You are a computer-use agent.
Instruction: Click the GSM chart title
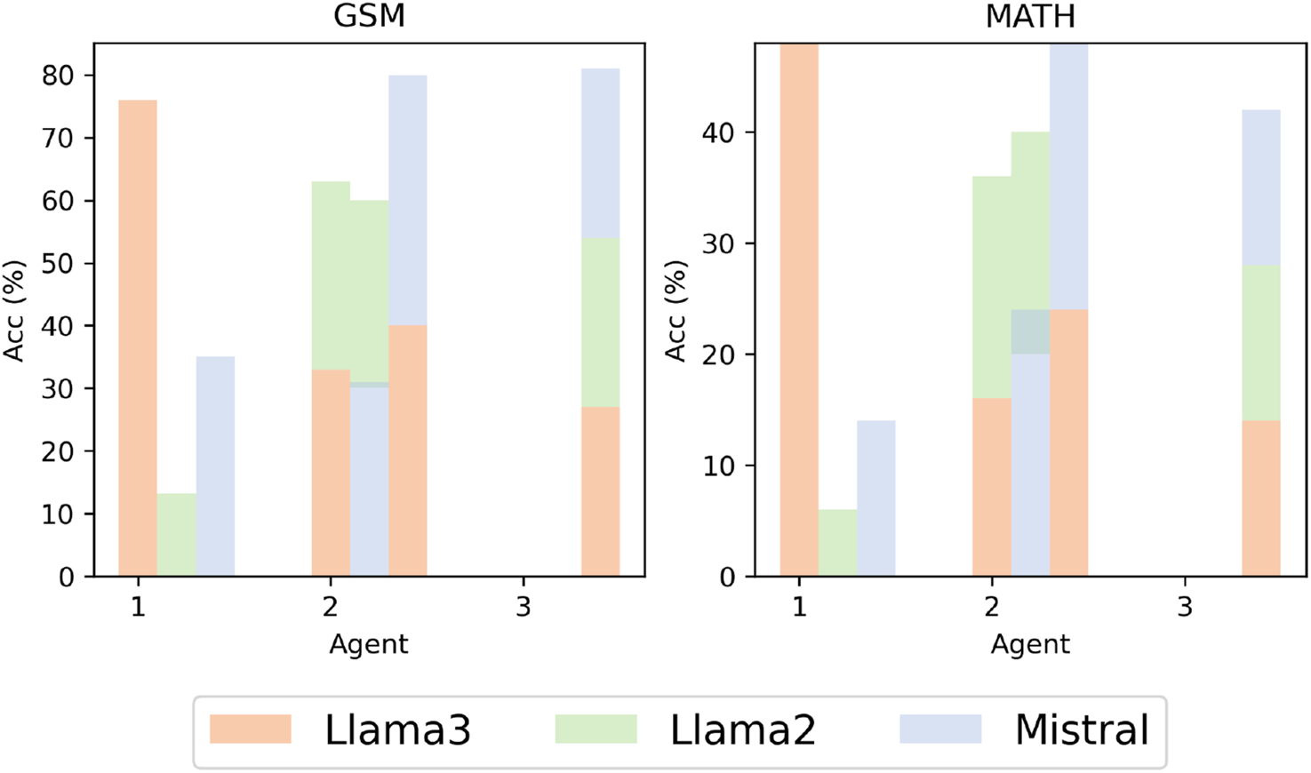click(369, 16)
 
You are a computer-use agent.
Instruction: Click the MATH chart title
click(1030, 16)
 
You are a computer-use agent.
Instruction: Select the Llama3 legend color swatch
click(251, 729)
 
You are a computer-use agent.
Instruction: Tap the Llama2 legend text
click(742, 730)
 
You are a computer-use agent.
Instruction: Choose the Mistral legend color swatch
click(940, 729)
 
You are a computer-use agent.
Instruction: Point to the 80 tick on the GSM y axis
click(58, 76)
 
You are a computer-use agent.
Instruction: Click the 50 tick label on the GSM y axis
click(58, 264)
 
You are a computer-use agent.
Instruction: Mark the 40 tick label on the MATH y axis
click(719, 132)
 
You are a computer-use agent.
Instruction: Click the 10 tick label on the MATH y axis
click(719, 466)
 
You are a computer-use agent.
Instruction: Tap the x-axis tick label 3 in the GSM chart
click(524, 608)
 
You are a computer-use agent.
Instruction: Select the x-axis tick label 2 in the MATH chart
click(992, 608)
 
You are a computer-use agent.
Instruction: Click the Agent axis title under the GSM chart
click(369, 644)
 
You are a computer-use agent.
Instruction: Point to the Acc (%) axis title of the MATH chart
click(676, 311)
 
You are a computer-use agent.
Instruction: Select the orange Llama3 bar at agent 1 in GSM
click(138, 338)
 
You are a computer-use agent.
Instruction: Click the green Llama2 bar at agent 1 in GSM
click(176, 535)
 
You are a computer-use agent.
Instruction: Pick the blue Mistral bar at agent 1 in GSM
click(215, 466)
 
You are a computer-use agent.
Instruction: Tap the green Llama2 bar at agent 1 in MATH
click(837, 543)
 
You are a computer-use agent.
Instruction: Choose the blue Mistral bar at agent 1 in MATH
click(876, 498)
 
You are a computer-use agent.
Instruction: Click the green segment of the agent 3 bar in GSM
click(600, 322)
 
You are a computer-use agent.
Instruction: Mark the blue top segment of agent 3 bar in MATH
click(1261, 187)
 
